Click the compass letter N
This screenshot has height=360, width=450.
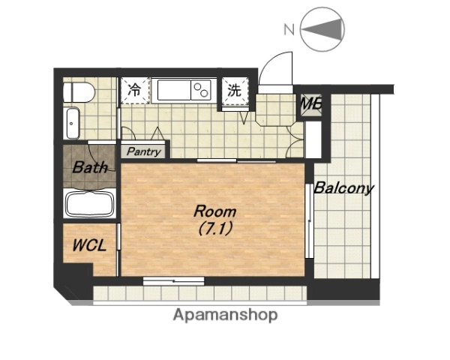coord(289,29)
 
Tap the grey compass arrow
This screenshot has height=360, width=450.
coord(322,29)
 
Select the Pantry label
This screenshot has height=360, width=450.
coord(144,151)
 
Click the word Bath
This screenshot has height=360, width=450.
coord(90,167)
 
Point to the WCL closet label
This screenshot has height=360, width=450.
coord(89,246)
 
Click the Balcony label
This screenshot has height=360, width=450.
coord(343,188)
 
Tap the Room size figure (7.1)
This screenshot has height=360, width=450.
coord(215,229)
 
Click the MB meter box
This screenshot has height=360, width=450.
coord(310,104)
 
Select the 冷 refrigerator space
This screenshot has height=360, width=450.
coord(135,91)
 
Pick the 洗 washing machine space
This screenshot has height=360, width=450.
coord(235,91)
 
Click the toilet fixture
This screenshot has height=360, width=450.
coord(79,92)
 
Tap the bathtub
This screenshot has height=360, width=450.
coord(90,203)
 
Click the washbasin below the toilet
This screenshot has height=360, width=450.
coord(72,124)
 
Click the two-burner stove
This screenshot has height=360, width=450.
coord(201,90)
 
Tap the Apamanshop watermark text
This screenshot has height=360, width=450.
coord(225,315)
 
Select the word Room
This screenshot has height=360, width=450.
coord(215,211)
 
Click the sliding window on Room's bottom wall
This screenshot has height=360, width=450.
coord(174,281)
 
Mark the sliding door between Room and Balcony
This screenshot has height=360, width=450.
coord(309,220)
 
